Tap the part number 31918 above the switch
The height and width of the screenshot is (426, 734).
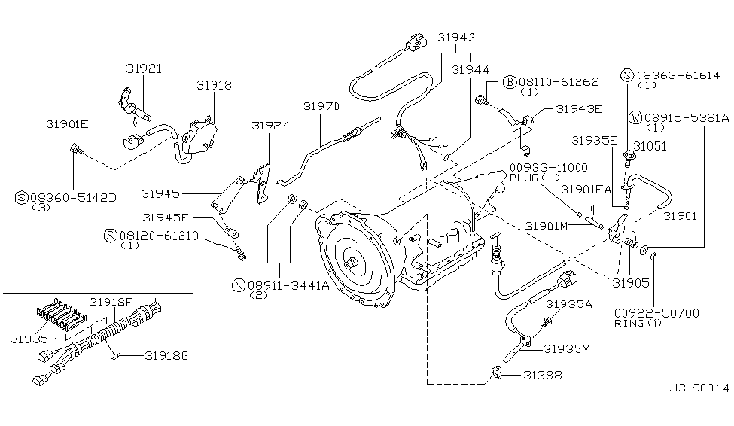pos(214,86)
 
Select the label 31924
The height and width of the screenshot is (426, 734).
pos(270,126)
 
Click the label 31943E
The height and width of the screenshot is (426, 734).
pos(579,108)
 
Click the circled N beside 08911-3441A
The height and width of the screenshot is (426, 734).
pos(239,285)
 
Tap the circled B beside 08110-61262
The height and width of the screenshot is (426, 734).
pos(509,81)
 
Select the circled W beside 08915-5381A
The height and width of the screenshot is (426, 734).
pos(636,118)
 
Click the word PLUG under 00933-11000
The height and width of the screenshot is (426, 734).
pos(524,178)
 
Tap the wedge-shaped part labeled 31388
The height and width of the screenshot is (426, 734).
pos(498,372)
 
